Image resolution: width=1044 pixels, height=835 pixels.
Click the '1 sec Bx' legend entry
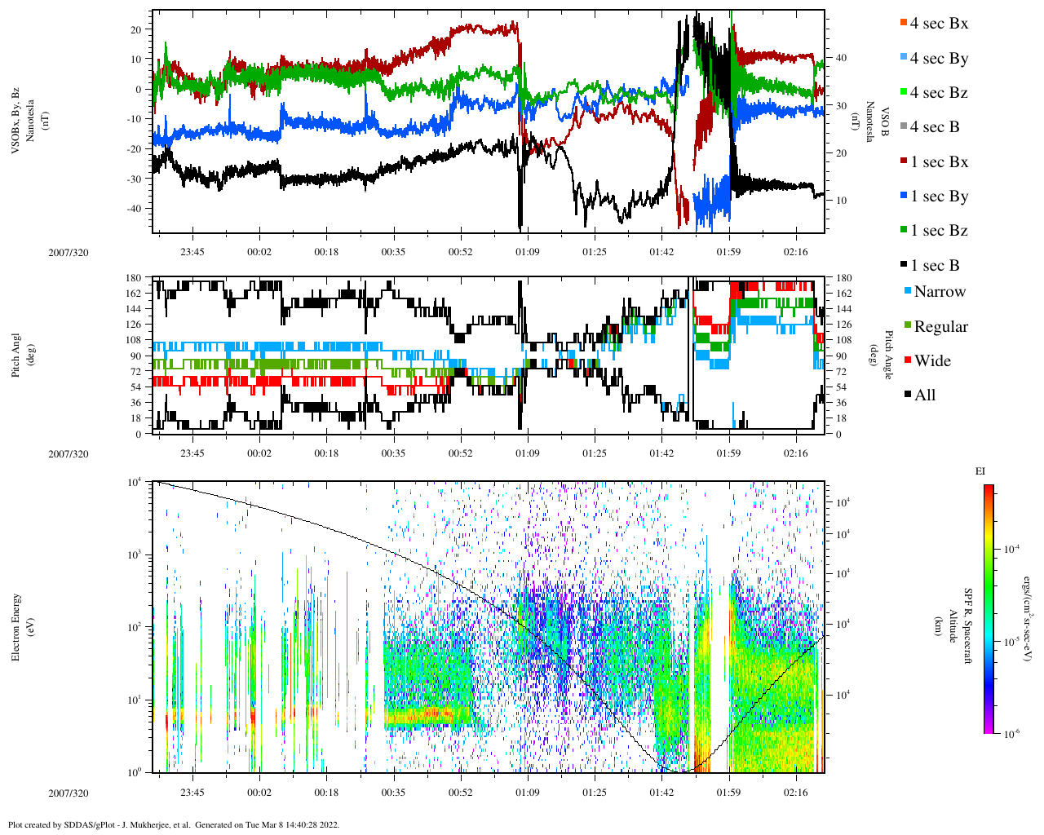[x=938, y=162]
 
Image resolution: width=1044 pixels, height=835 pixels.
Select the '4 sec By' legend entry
[x=938, y=59]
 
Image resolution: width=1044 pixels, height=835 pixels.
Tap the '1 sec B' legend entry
[x=935, y=266]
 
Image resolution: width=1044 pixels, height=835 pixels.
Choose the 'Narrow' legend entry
[x=939, y=292]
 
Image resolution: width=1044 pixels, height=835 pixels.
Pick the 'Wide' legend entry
[x=931, y=361]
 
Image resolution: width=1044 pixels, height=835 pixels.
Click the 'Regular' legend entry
[x=940, y=327]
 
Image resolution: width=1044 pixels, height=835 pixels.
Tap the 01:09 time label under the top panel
[x=527, y=252]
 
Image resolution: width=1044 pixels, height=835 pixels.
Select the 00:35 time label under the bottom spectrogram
[x=393, y=793]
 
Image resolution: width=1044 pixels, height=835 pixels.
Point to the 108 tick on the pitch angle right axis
[x=843, y=340]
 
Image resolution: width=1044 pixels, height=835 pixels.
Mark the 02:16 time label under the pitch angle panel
[x=795, y=453]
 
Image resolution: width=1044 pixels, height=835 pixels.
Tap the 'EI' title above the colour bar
[x=980, y=471]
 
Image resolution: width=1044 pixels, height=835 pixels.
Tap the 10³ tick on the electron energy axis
[x=135, y=555]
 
